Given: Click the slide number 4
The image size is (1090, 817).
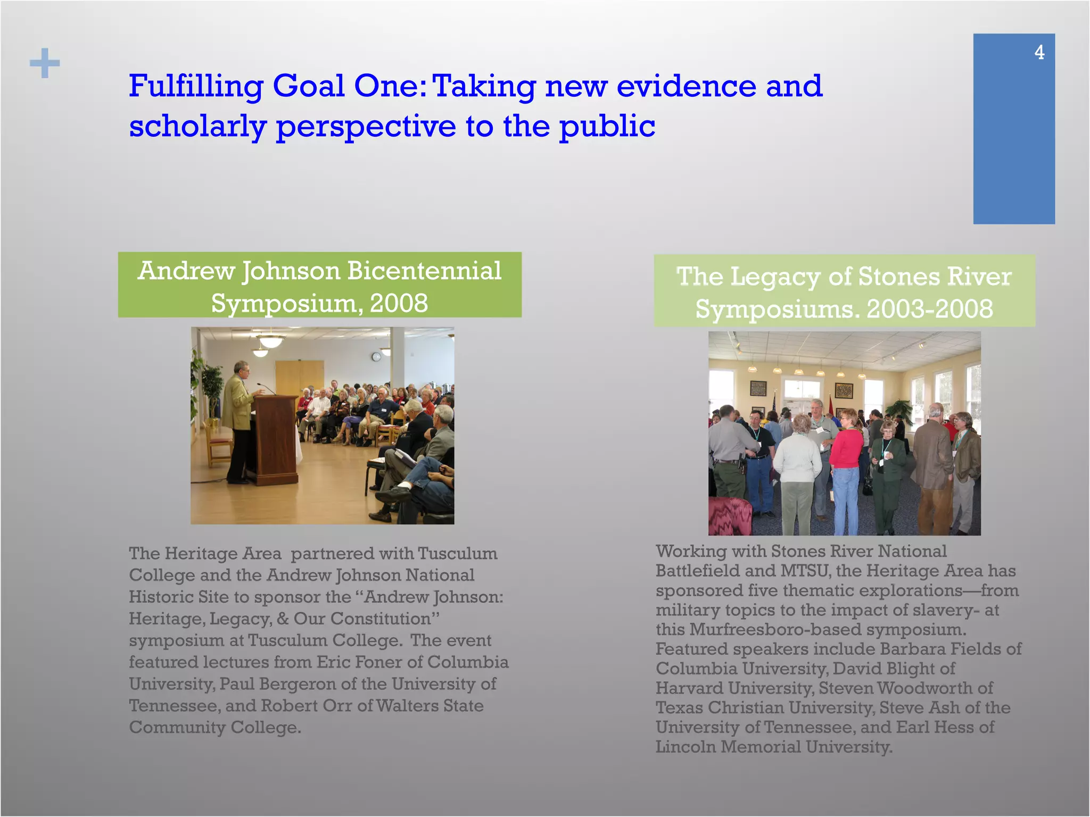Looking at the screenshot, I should [x=1039, y=52].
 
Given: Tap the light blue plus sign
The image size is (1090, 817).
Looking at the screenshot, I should [x=45, y=63].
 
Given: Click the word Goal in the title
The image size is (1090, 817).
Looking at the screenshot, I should [x=308, y=86].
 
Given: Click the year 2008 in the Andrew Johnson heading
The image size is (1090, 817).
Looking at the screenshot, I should [x=399, y=303].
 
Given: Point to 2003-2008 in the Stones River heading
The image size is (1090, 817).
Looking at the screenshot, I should [x=930, y=309].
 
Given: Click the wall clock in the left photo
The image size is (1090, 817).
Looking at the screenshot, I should [x=376, y=357].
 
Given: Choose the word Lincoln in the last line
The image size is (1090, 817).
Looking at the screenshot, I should [x=686, y=747].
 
